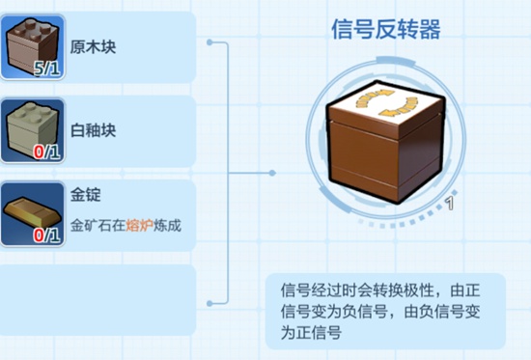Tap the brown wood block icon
click(32, 42)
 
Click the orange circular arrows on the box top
click(388, 103)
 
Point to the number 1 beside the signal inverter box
click(450, 203)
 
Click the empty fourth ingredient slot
click(97, 299)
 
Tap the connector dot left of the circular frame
click(272, 174)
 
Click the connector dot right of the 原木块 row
click(210, 42)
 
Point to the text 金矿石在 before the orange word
click(99, 229)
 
